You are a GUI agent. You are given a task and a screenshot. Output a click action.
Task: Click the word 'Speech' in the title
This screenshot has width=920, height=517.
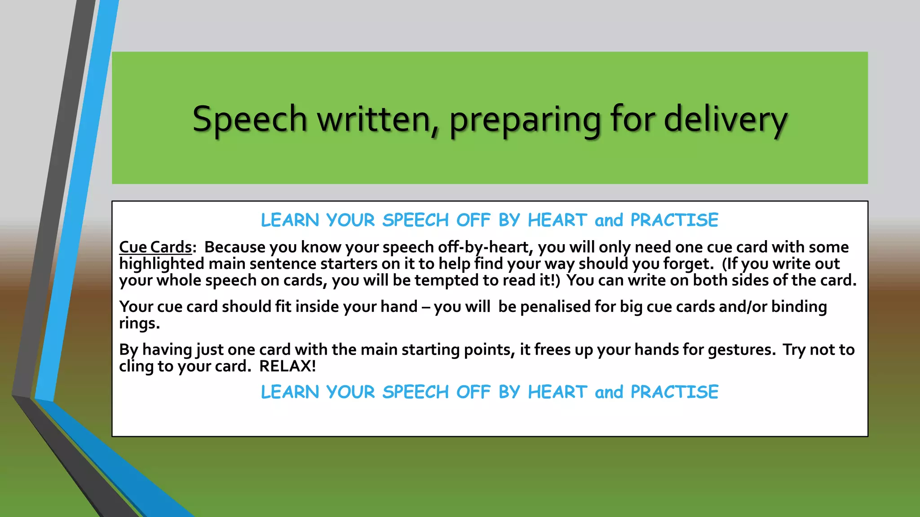pos(249,119)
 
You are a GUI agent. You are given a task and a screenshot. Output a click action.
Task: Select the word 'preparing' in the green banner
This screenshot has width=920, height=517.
pos(525,120)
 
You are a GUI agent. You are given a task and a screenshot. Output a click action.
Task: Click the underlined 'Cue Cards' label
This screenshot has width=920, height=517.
pos(155,247)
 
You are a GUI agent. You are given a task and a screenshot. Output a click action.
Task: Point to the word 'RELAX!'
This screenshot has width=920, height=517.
pos(287,366)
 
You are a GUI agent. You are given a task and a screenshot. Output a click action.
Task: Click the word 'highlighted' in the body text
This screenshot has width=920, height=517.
pos(162,264)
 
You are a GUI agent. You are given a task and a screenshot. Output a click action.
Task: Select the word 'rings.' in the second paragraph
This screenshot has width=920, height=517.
pos(139,324)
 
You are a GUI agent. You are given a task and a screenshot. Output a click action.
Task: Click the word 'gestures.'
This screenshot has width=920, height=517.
pos(742,350)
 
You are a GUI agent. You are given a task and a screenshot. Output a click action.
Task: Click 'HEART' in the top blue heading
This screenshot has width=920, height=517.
pos(557,220)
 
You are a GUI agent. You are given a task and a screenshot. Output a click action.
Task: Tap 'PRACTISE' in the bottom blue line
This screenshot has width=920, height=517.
pos(674,392)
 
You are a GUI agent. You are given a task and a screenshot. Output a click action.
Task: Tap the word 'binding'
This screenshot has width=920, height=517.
pos(799,307)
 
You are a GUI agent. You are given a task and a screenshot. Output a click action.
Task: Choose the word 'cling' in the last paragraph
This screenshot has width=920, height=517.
pos(136,366)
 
